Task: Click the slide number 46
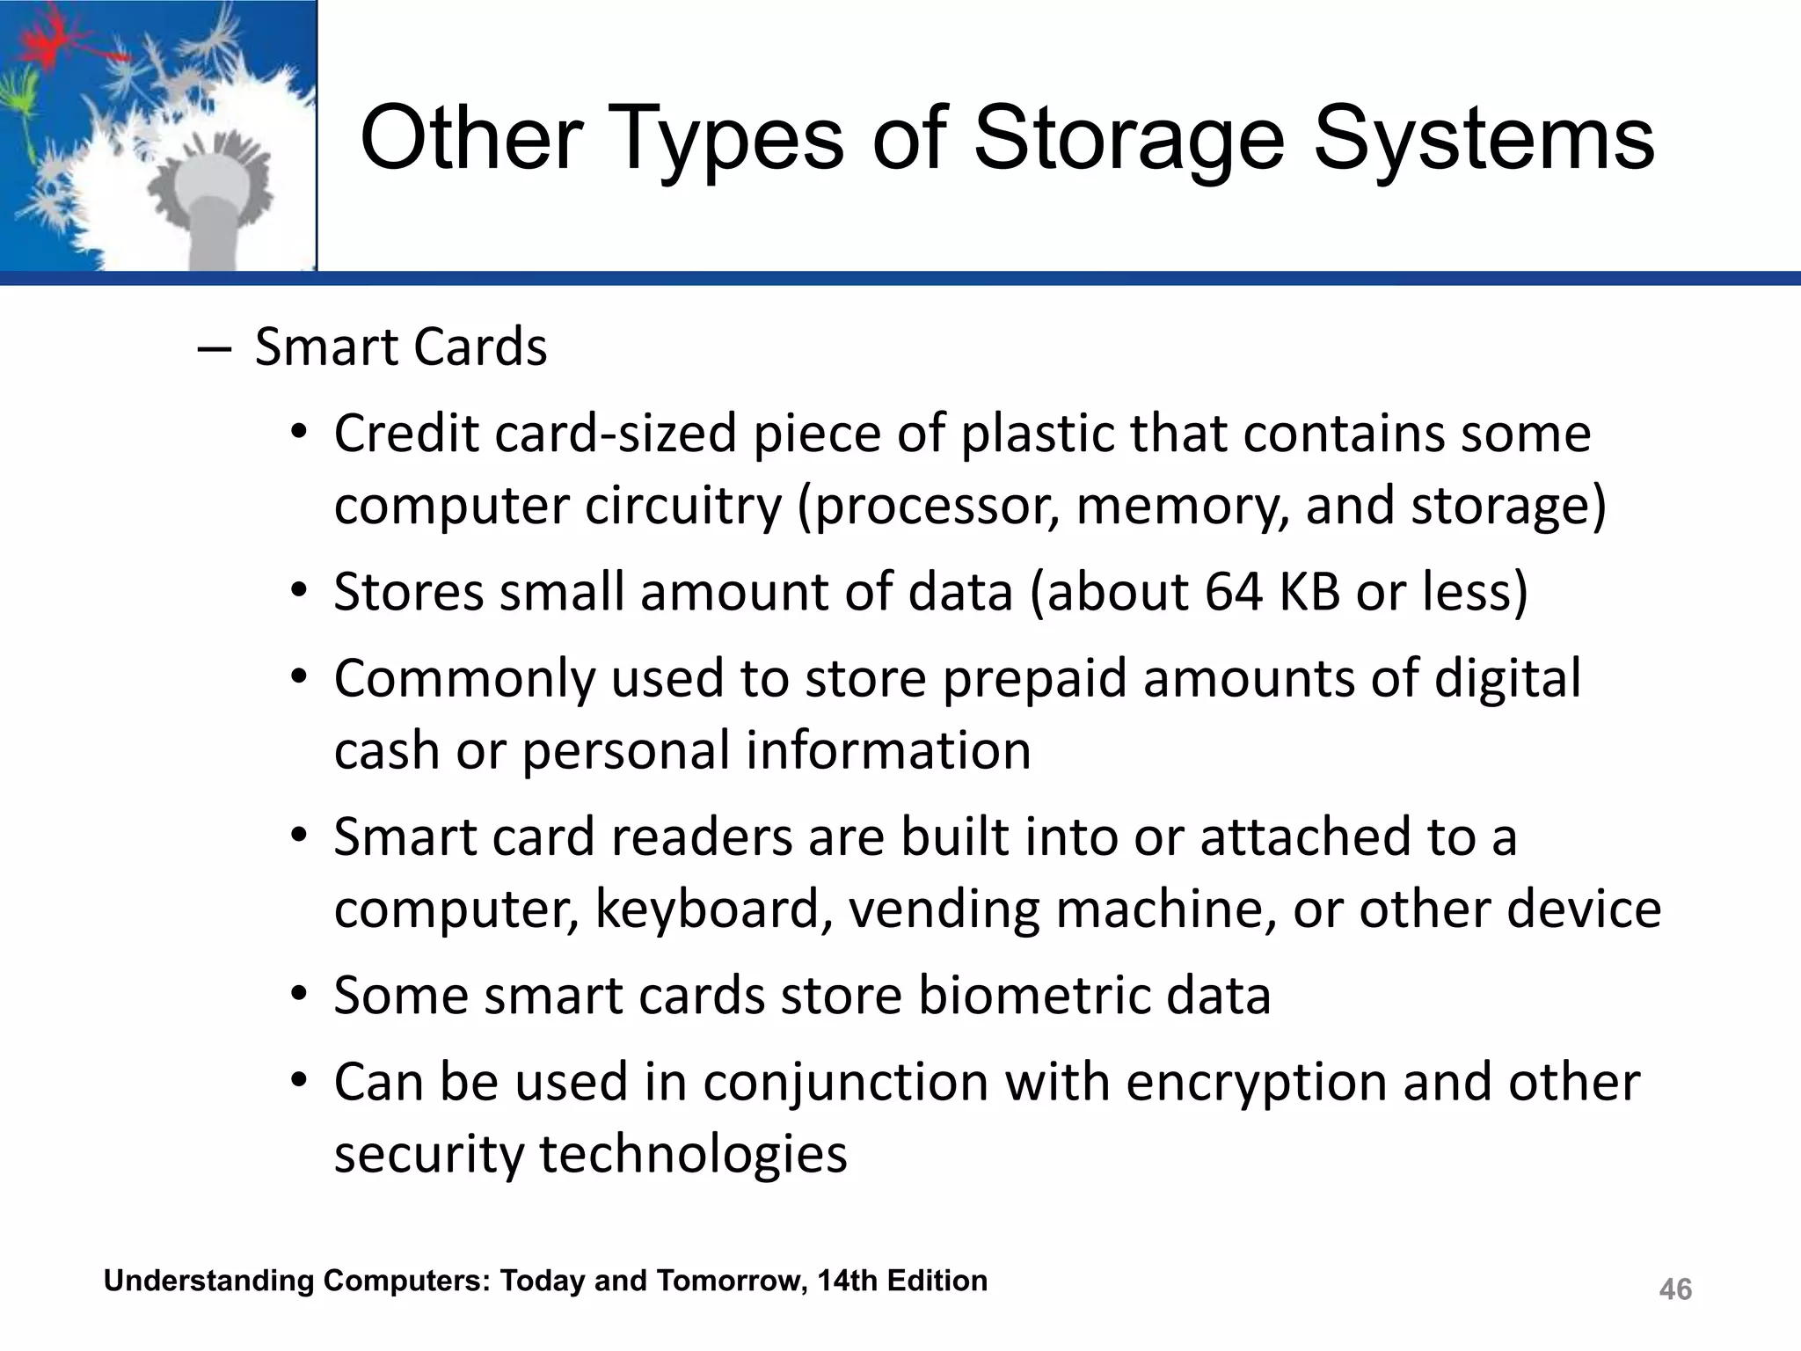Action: coord(1674,1289)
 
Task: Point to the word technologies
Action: coord(692,1154)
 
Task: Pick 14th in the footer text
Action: coord(847,1281)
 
